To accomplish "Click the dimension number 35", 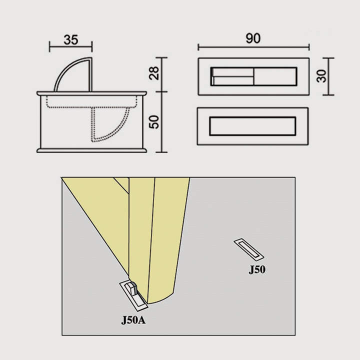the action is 71,39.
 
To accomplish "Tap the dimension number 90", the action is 253,38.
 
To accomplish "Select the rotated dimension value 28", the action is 154,73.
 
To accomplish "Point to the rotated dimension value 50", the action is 154,122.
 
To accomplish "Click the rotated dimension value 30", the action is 321,76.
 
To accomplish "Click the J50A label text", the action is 133,320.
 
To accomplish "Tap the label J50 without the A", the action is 257,269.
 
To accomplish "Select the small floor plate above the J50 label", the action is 249,249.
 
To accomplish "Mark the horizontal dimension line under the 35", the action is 70,46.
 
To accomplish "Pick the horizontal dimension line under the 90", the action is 253,47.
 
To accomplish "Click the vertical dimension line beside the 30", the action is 328,76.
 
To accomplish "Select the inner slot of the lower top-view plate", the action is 252,126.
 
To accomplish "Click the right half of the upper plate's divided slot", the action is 275,76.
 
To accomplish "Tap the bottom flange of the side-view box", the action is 91,150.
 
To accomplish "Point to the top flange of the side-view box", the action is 91,93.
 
